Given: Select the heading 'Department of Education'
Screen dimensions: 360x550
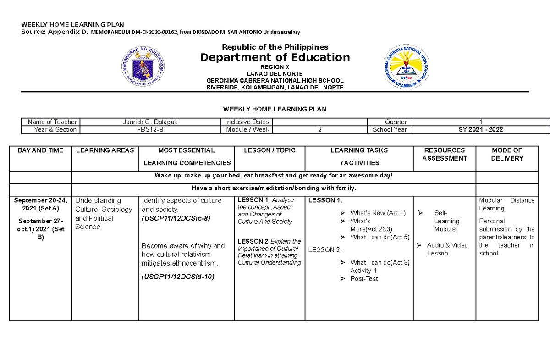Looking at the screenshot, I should coord(275,57).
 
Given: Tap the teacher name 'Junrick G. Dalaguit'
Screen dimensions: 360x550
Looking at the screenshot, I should coord(149,122).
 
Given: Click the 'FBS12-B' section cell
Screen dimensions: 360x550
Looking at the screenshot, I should coord(149,130).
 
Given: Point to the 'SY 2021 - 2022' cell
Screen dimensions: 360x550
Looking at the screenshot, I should coord(480,130).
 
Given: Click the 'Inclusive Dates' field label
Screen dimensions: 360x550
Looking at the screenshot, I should coord(247,122).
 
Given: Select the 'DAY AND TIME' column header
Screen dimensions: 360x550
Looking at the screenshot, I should coord(41,150).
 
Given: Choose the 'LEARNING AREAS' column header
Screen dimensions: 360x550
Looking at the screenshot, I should coord(105,150).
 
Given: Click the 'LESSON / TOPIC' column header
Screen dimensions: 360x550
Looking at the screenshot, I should coord(269,150).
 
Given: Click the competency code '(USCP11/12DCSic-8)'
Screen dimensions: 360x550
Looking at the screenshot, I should coord(176,218).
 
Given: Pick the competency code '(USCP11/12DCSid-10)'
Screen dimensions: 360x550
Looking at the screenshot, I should coord(178,277).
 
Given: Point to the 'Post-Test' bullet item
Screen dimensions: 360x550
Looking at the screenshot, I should coord(364,279).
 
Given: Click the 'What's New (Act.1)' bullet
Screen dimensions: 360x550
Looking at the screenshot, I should coord(378,213).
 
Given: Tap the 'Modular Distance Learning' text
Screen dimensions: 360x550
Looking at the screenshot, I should coord(506,204).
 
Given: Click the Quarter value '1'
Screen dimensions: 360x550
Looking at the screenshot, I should coord(480,122).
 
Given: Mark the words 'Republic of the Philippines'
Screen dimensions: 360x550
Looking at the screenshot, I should coord(275,47).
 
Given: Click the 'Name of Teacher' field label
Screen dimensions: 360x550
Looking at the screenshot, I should coord(52,122).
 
